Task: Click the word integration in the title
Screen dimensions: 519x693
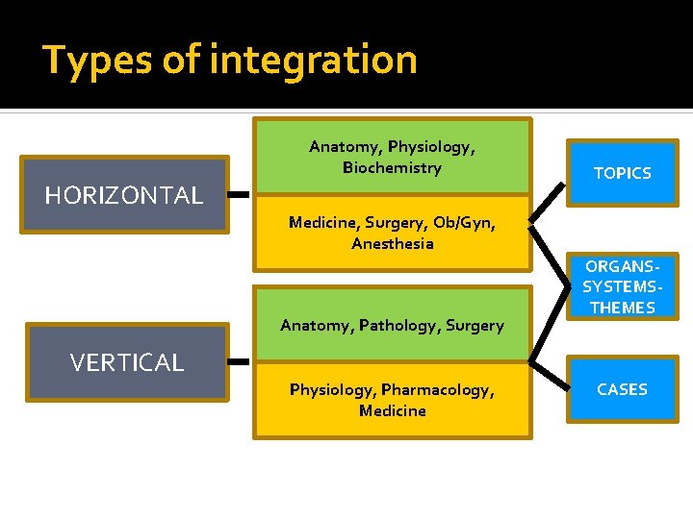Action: [x=314, y=61]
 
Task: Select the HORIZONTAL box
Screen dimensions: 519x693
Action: [x=126, y=195]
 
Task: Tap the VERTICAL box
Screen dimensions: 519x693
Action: [x=126, y=362]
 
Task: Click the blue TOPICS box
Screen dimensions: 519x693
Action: [x=622, y=173]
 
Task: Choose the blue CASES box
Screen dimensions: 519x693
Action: [x=622, y=389]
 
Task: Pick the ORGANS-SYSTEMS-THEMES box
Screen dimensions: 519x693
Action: [x=622, y=286]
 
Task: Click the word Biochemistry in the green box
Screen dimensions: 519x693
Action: [x=392, y=168]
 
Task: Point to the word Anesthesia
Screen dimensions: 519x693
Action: [x=392, y=244]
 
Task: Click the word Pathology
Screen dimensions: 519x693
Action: [x=399, y=326]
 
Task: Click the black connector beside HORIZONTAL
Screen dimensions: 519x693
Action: [x=240, y=195]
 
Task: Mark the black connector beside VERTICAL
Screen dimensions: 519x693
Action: [x=240, y=362]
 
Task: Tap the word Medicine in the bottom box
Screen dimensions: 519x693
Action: [x=392, y=411]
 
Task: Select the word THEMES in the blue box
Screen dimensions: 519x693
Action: [x=622, y=308]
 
